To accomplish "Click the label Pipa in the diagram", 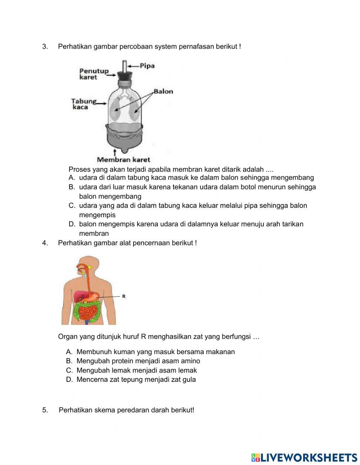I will (x=147, y=66).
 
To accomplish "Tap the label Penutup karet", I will (x=94, y=74).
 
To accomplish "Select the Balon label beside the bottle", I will (x=163, y=91).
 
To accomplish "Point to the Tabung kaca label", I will (x=84, y=104).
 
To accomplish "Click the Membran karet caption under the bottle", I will (x=123, y=160).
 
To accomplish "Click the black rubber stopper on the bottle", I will (x=125, y=77).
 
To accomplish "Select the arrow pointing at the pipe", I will (x=134, y=66).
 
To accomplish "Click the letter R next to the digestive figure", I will (x=124, y=296).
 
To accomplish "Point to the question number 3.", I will (x=45, y=46).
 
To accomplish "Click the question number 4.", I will (x=45, y=243).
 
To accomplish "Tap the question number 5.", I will (x=45, y=410).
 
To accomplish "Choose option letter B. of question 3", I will (x=72, y=187).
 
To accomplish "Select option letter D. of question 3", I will (x=72, y=224).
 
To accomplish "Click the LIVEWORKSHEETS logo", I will (x=304, y=457).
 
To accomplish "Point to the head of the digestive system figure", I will (x=88, y=265).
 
